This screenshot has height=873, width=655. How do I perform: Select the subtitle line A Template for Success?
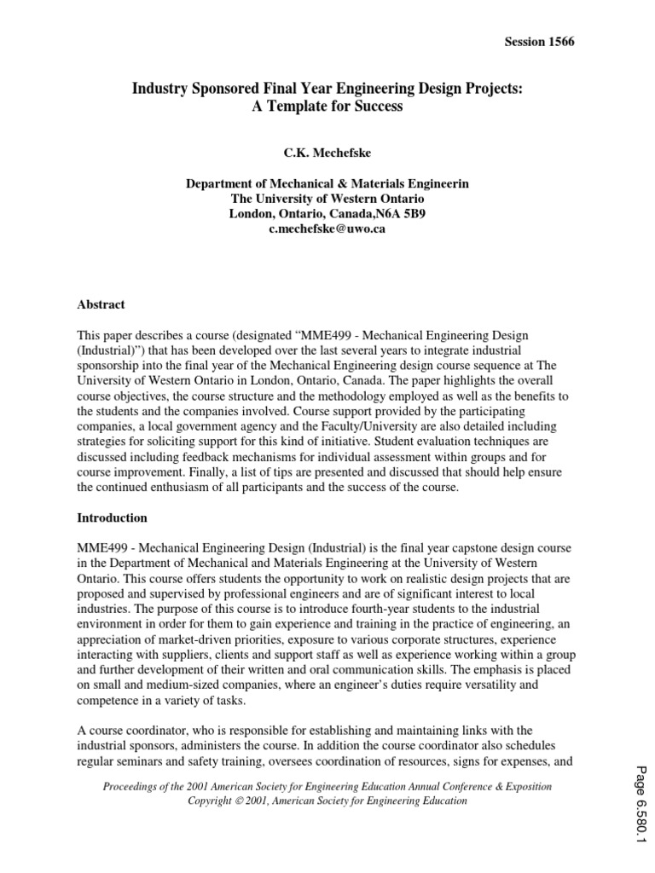click(x=327, y=108)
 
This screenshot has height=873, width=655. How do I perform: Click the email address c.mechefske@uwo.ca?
click(x=327, y=229)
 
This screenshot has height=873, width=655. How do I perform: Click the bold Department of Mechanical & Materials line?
click(x=327, y=183)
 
